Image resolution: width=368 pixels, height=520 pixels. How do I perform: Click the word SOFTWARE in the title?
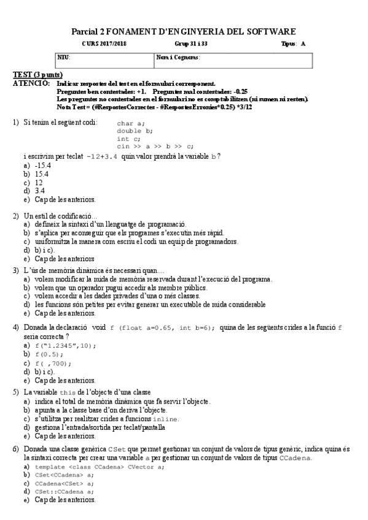tap(269, 31)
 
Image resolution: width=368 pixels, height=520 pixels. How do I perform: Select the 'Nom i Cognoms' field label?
tap(178, 57)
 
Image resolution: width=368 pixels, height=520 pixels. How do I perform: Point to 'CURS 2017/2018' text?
tap(104, 44)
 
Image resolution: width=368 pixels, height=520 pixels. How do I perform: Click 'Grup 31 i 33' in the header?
tap(191, 44)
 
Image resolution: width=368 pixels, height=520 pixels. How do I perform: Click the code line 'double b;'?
tap(135, 131)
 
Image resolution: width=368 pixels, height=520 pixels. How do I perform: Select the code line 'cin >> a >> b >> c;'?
tap(155, 147)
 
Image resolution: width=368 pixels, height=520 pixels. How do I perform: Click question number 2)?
tap(17, 216)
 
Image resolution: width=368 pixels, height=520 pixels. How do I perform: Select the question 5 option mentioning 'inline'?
tap(107, 418)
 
